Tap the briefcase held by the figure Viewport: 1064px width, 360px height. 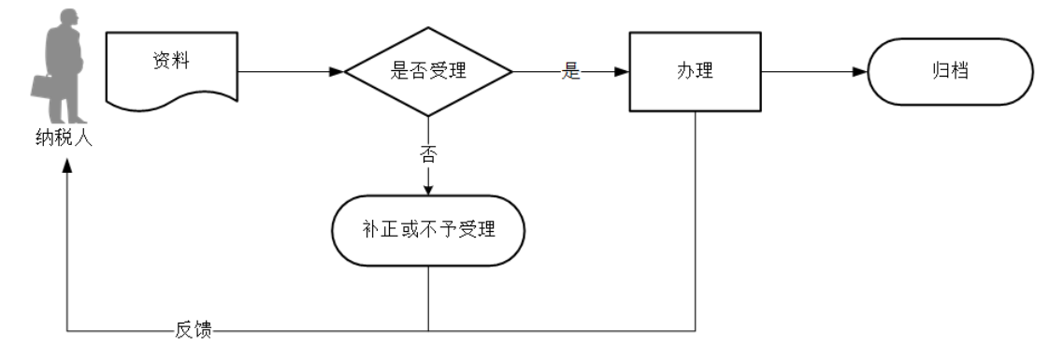click(44, 86)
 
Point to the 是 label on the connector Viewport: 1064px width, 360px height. click(571, 72)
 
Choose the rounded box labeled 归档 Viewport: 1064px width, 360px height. click(949, 72)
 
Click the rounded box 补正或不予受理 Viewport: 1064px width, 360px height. click(428, 229)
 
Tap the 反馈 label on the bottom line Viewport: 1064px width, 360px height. click(194, 330)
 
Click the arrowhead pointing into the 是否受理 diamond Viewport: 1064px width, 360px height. click(338, 72)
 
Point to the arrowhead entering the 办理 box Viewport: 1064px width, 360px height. click(622, 72)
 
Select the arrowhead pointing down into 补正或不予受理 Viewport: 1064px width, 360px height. click(428, 188)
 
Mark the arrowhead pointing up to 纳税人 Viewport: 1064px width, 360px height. click(66, 164)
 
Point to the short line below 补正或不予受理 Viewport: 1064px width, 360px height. click(428, 296)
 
